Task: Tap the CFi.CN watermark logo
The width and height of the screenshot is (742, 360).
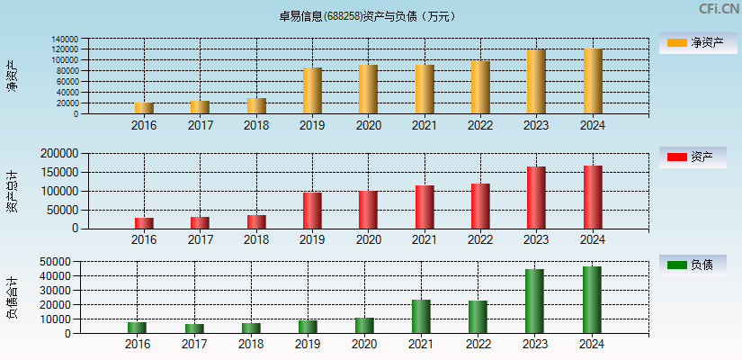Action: tap(719, 9)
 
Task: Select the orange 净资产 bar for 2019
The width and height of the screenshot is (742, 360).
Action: tap(312, 91)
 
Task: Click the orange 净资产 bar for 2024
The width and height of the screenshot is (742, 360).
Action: tap(593, 81)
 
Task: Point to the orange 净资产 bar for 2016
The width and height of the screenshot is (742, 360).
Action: tap(144, 108)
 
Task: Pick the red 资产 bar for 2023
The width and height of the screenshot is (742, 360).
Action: tap(536, 197)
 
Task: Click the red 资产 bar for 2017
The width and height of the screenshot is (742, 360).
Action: tap(200, 222)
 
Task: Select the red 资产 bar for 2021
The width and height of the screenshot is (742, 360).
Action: tap(425, 207)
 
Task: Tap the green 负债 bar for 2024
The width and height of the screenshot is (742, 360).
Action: tap(592, 300)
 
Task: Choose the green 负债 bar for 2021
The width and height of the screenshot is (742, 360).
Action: tap(421, 317)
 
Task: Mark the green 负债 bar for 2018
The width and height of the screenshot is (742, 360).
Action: tap(251, 328)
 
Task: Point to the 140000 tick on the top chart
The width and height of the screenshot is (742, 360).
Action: tap(65, 40)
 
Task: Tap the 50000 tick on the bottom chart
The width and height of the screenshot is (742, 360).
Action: tap(56, 261)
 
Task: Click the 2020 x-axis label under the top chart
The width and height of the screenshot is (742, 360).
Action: tap(368, 125)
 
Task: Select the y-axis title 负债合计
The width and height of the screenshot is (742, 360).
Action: tap(12, 298)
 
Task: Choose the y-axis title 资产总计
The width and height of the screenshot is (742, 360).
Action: tap(12, 191)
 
